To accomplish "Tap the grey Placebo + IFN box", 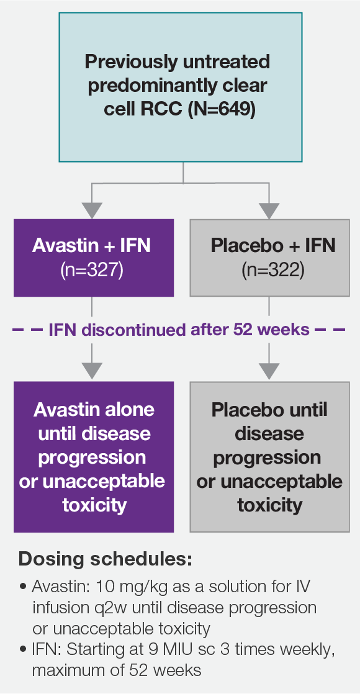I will pyautogui.click(x=269, y=257).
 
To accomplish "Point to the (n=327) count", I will pyautogui.click(x=92, y=271).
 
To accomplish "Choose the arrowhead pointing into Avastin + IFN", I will pyautogui.click(x=92, y=212).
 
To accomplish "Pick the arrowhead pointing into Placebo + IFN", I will pyautogui.click(x=269, y=212).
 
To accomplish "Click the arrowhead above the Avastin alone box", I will pyautogui.click(x=92, y=371).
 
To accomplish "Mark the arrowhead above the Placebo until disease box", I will pyautogui.click(x=269, y=371).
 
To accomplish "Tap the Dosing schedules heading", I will pyautogui.click(x=105, y=559).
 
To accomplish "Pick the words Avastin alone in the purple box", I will pyautogui.click(x=94, y=410).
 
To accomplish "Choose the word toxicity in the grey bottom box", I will pyautogui.click(x=269, y=505).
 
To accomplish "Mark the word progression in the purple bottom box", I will pyautogui.click(x=92, y=457).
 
